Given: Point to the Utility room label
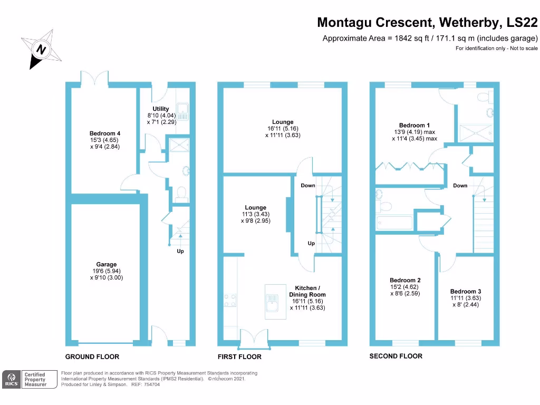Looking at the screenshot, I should click(x=161, y=109).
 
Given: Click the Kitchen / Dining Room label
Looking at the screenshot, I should click(x=307, y=291).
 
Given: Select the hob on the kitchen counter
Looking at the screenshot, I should click(x=230, y=300).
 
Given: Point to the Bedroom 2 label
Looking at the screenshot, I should click(x=405, y=280).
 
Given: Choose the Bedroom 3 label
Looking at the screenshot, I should click(x=466, y=291).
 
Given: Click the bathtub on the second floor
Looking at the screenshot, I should click(x=396, y=223).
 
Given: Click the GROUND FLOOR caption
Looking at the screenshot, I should click(x=92, y=356).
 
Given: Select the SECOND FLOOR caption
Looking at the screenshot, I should click(x=396, y=356).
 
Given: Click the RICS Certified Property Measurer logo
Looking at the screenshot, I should click(x=25, y=379).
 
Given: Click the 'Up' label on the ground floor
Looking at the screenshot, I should click(x=180, y=251).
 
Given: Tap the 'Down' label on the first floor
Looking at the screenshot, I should click(x=308, y=186).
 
